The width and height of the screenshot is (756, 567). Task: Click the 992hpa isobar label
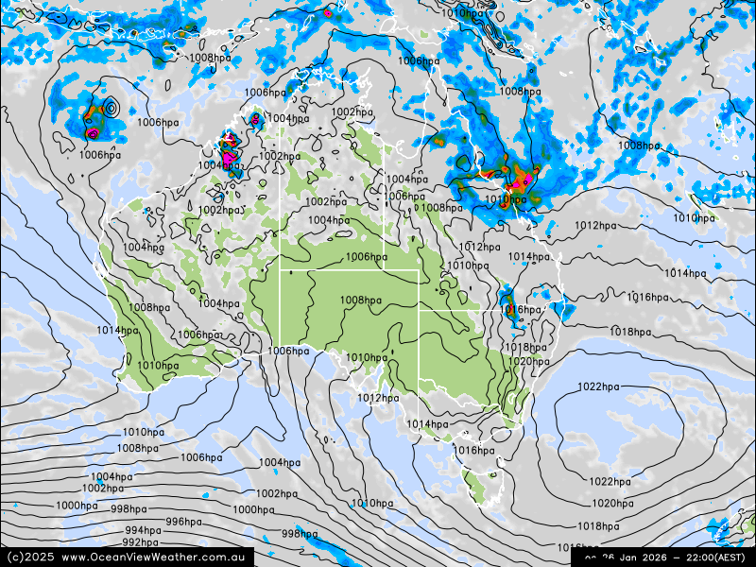pos(140,542)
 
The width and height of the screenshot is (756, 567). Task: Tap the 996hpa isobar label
pos(183,522)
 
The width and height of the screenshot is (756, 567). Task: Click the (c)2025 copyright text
pos(29,558)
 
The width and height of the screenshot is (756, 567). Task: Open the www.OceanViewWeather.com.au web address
pos(153,558)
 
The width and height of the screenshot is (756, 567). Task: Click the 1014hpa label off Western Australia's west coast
pos(116,330)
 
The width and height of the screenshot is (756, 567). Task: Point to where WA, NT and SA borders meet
pos(280,269)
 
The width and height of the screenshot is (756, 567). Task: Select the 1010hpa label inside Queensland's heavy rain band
pos(506,200)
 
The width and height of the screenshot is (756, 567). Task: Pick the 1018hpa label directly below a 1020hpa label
pos(603,526)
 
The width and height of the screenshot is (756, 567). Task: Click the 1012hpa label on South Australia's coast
pos(378,398)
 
